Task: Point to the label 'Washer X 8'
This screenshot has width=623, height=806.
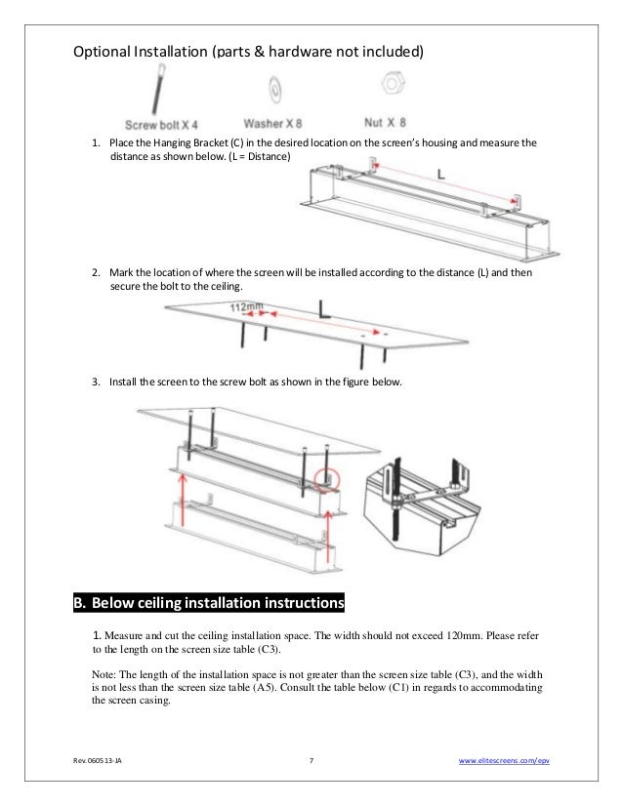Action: [276, 124]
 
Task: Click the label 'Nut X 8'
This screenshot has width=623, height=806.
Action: [387, 124]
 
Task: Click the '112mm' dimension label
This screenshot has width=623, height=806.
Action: [247, 306]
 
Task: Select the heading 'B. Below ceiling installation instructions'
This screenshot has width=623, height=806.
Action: [209, 602]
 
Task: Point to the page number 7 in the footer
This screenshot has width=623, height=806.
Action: [311, 761]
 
